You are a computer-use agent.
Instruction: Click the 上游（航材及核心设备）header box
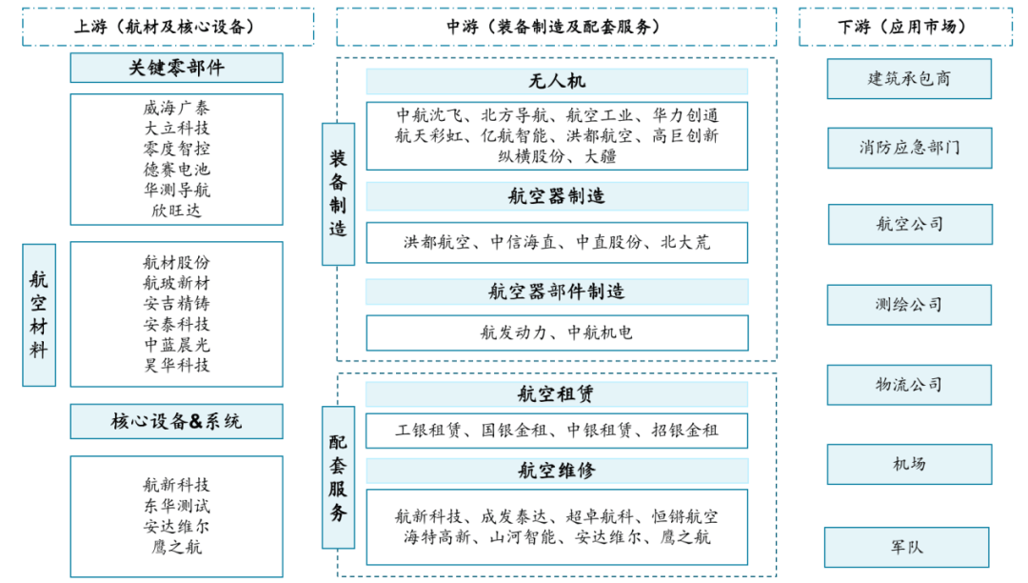(168, 27)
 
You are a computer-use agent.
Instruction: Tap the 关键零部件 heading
(176, 68)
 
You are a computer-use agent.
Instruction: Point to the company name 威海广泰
(176, 109)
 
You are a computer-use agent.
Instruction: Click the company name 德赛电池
(176, 170)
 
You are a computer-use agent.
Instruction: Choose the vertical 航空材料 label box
(39, 315)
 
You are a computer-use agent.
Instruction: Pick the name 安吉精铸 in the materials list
(176, 304)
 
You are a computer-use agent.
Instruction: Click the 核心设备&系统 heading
(176, 421)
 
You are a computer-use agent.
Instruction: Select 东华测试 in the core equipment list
(176, 505)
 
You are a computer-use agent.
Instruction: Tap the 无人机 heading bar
(557, 81)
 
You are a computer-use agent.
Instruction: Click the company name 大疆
(601, 156)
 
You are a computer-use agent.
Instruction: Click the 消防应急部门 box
(909, 148)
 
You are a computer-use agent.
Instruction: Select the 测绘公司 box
(909, 305)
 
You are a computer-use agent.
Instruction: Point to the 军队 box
(906, 547)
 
